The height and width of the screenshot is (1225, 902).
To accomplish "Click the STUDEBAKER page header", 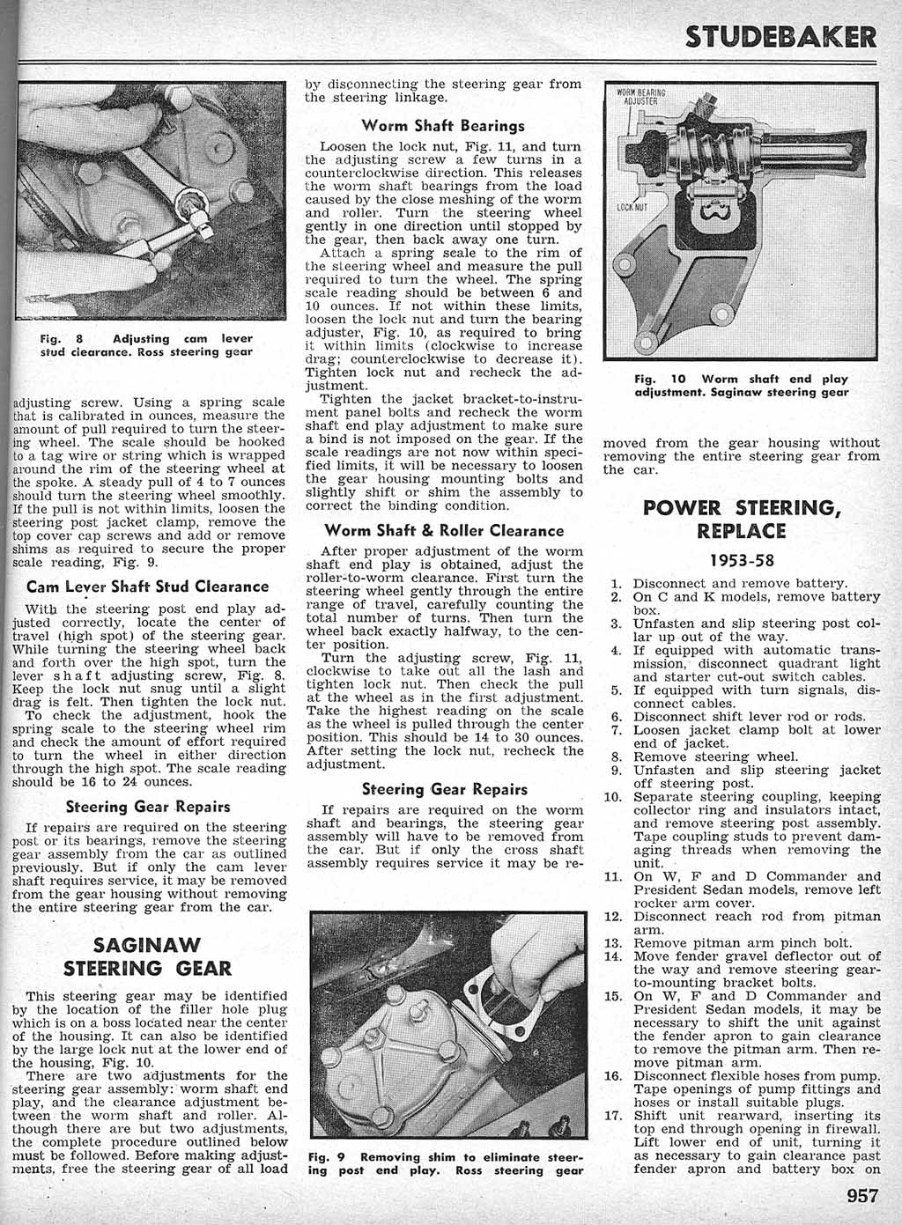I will (x=782, y=38).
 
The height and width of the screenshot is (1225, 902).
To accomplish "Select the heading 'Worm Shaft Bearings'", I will (x=443, y=126).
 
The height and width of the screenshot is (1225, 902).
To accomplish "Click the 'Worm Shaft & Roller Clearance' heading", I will (x=444, y=531).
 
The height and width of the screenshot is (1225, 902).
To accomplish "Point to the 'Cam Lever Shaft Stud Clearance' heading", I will (x=148, y=587).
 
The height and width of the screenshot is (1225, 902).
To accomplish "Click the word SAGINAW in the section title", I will (x=147, y=946).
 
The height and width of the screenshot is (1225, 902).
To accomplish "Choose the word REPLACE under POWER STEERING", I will (x=741, y=531).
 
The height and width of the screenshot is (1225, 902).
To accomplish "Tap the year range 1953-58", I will (x=741, y=560).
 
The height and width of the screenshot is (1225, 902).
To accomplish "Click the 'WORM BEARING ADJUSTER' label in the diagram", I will (x=640, y=96).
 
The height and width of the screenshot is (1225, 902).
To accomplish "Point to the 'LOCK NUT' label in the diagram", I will (x=632, y=208).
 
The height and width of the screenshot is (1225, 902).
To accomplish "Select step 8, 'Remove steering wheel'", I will (x=715, y=756).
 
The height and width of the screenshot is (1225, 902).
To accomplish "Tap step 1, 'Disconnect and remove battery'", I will (x=740, y=583).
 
